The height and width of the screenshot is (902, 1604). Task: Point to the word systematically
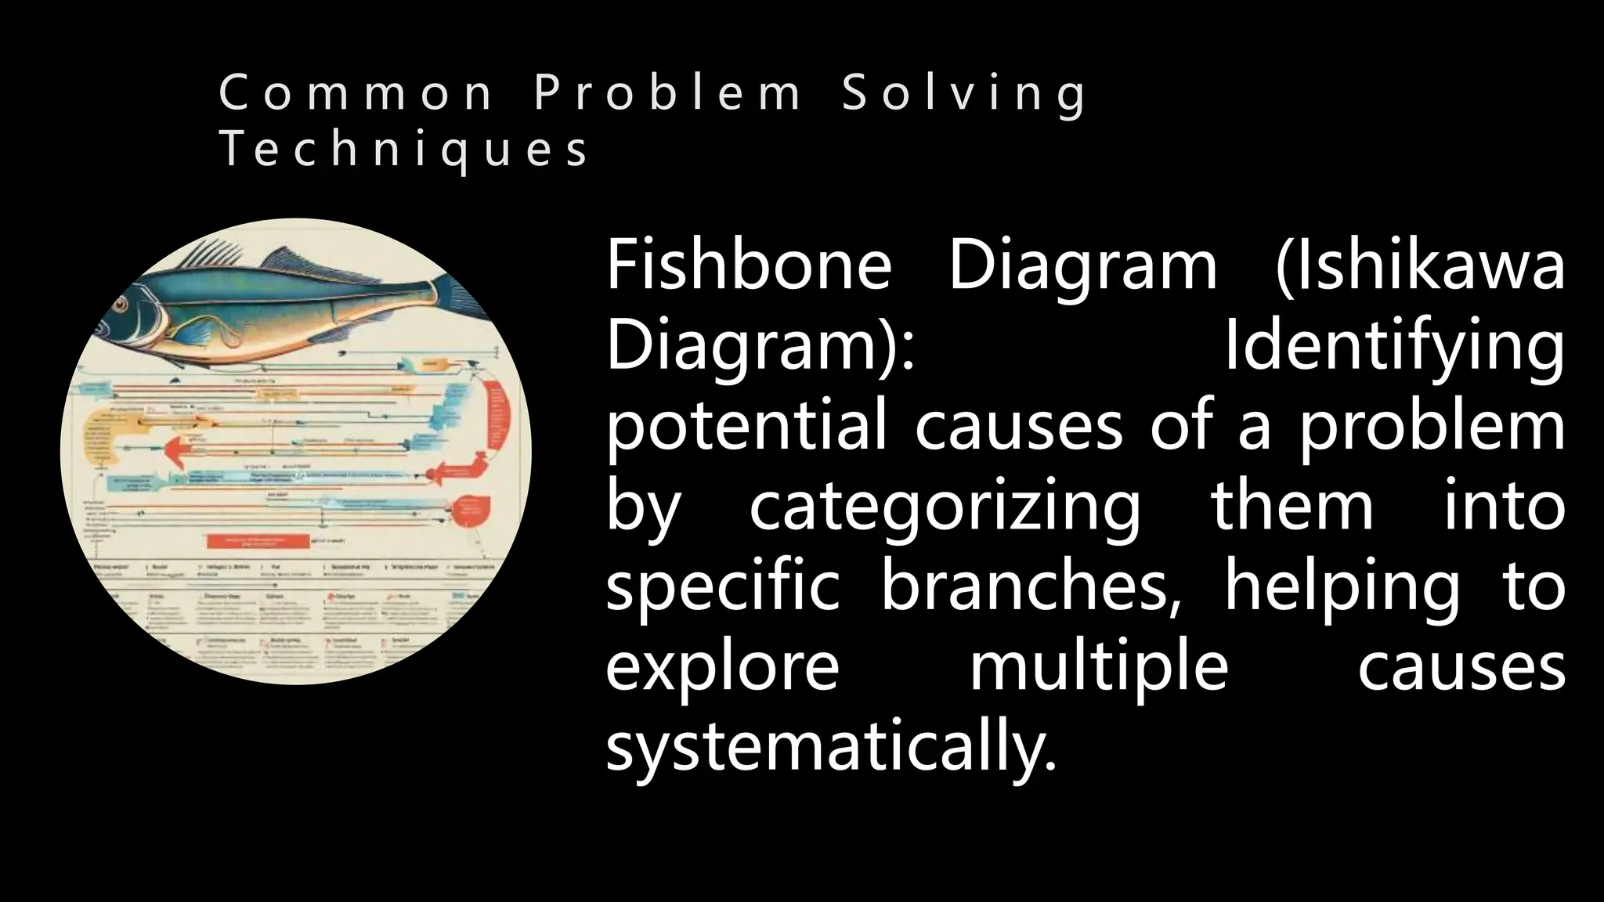click(x=831, y=748)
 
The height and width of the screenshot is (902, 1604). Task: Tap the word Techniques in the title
click(x=403, y=149)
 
